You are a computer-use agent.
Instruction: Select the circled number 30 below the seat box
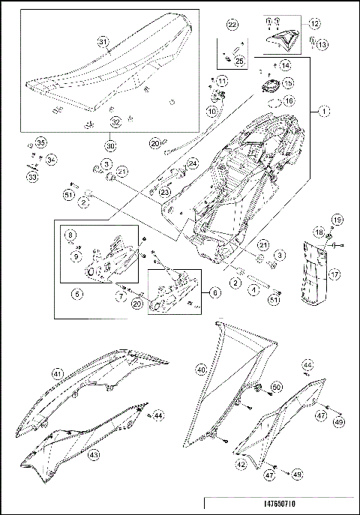tap(111, 145)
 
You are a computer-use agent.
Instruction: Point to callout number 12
tap(313, 24)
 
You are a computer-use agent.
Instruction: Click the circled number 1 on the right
tap(323, 112)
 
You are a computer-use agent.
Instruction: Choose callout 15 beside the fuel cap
tap(288, 83)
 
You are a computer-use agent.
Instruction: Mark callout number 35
tap(40, 142)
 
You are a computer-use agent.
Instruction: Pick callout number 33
tap(31, 177)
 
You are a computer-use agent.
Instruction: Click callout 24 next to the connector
tap(192, 163)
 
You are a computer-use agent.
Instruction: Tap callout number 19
tap(337, 220)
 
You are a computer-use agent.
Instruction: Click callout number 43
tap(94, 454)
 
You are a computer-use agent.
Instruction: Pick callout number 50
tap(276, 387)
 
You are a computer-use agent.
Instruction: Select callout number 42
tap(240, 465)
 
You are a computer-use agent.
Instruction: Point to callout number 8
tap(70, 235)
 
